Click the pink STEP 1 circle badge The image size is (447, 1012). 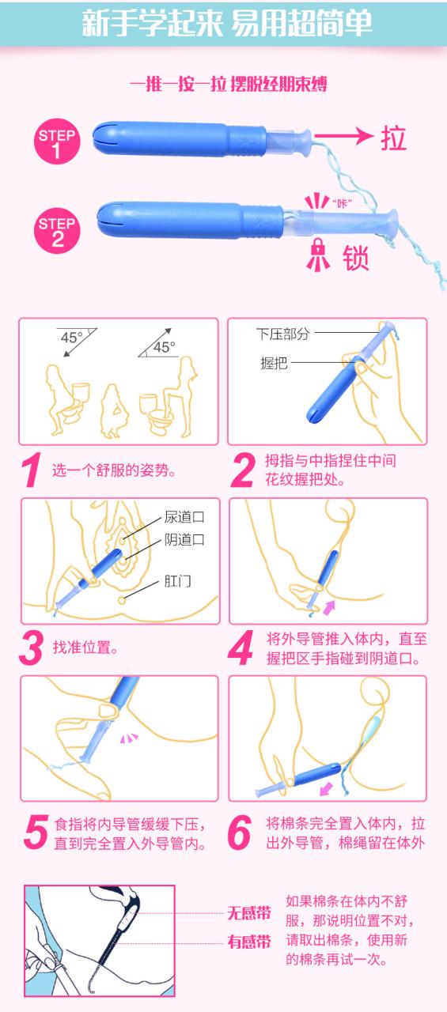click(x=57, y=142)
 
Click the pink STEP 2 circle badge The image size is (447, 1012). click(x=57, y=230)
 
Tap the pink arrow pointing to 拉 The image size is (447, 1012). click(x=343, y=135)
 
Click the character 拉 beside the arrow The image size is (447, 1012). click(x=394, y=138)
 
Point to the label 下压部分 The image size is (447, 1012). click(x=283, y=334)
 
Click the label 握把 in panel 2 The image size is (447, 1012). click(x=274, y=363)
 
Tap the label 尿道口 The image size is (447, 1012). click(x=184, y=517)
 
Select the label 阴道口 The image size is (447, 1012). click(x=184, y=539)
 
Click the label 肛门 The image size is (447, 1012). click(x=177, y=581)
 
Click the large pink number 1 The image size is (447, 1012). click(x=32, y=470)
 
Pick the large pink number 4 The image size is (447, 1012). click(x=241, y=648)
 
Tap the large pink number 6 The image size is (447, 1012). click(x=240, y=833)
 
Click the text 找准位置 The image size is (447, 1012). click(x=85, y=647)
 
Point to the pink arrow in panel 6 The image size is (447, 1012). click(x=326, y=789)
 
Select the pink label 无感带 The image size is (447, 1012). click(x=249, y=913)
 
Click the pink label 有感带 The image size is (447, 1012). click(x=249, y=942)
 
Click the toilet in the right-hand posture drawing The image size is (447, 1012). click(x=154, y=413)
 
